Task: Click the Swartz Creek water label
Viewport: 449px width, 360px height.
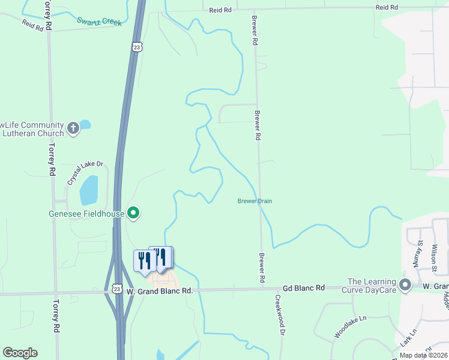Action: tap(99, 22)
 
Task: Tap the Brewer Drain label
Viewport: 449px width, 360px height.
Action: tap(255, 201)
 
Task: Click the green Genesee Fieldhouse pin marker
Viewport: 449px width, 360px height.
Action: tap(134, 213)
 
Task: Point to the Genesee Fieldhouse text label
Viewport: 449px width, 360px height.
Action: tap(86, 214)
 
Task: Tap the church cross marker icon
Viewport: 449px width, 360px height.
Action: tap(73, 128)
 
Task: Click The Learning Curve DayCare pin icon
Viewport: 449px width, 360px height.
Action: tap(406, 286)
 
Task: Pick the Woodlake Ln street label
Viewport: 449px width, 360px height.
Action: tap(350, 327)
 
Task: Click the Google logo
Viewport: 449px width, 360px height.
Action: tap(20, 353)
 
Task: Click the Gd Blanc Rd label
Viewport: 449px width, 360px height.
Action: tap(304, 288)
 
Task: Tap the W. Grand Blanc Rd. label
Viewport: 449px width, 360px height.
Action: tap(159, 290)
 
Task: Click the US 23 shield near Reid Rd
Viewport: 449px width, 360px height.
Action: tap(137, 47)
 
